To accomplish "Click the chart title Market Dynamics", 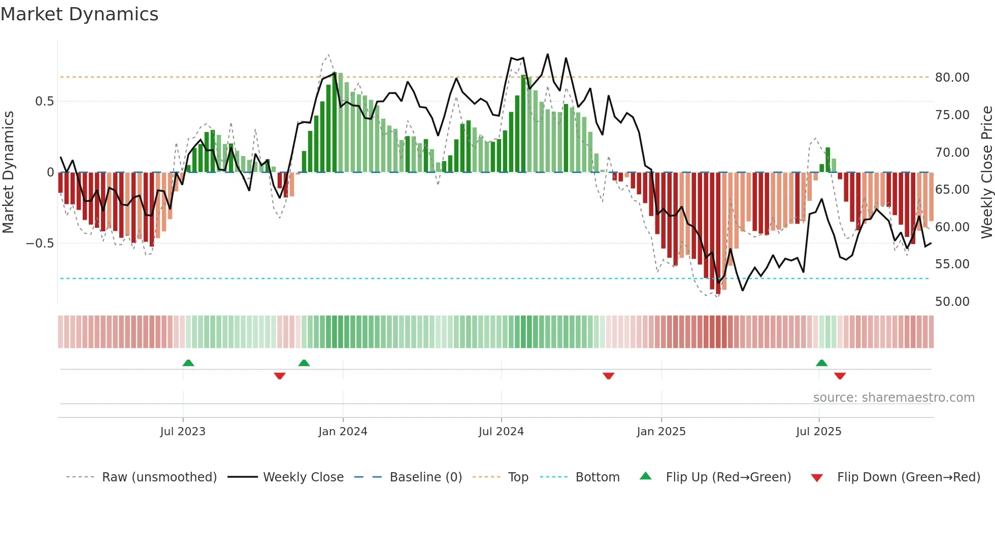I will pos(80,14).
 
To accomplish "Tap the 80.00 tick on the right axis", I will pos(952,78).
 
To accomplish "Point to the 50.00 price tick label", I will pos(952,302).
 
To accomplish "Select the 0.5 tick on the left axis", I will pos(44,101).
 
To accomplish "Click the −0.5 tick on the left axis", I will pos(40,243).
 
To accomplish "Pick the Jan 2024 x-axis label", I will pos(343,432).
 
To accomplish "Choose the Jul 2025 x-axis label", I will pos(818,432).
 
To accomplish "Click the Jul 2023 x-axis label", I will pos(183,432).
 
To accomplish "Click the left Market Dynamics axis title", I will pos(8,172).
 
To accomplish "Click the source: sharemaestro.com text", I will pos(893,398).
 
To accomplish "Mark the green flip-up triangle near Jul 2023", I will pos(188,363).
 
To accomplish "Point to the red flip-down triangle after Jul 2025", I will pos(840,376).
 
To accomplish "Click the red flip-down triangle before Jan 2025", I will pos(609,376).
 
